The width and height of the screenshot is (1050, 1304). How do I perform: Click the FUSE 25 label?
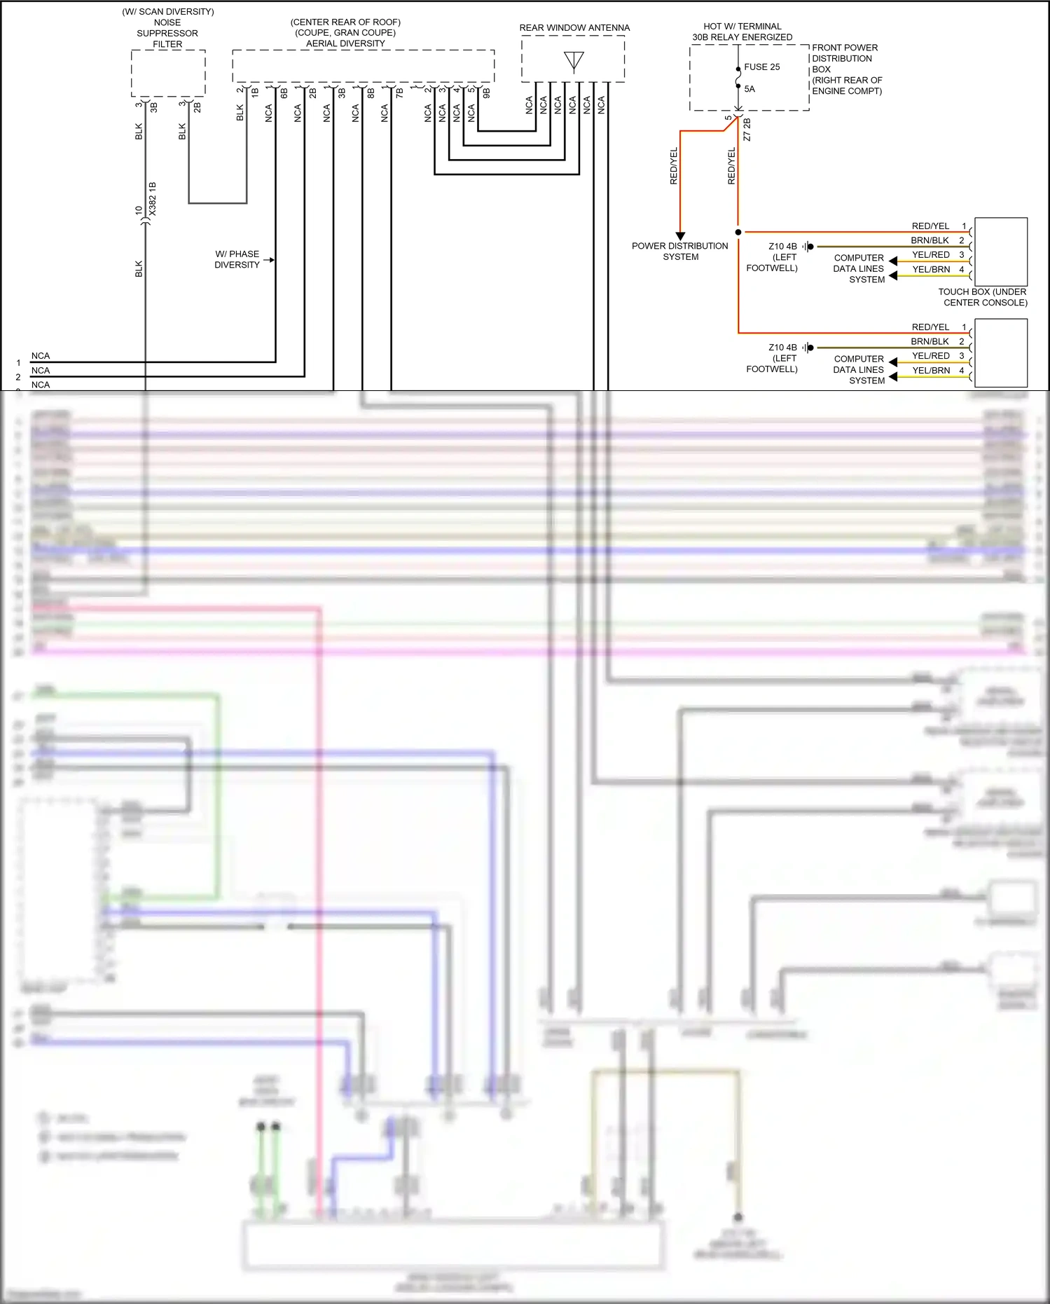pyautogui.click(x=761, y=67)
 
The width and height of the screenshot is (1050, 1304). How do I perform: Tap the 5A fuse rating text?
pyautogui.click(x=749, y=89)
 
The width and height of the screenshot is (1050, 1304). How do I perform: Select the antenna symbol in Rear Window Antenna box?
pyautogui.click(x=574, y=61)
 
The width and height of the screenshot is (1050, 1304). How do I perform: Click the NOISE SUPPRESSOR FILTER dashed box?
pyautogui.click(x=168, y=73)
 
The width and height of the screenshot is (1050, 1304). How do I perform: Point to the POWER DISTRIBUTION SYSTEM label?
pyautogui.click(x=680, y=252)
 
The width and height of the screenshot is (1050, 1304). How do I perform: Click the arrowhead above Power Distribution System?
pyautogui.click(x=680, y=236)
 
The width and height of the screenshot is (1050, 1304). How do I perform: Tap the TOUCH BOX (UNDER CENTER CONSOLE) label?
pyautogui.click(x=983, y=297)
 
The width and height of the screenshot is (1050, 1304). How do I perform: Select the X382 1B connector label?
pyautogui.click(x=153, y=198)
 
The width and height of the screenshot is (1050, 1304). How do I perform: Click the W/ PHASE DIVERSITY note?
pyautogui.click(x=237, y=259)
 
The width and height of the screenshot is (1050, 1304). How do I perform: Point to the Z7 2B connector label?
pyautogui.click(x=747, y=130)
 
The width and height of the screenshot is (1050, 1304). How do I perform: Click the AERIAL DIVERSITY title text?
pyautogui.click(x=345, y=43)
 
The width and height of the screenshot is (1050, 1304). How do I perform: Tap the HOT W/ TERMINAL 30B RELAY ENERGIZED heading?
pyautogui.click(x=742, y=32)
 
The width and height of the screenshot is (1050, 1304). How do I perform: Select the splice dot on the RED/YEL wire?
pyautogui.click(x=738, y=232)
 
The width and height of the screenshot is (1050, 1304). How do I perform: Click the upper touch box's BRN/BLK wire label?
pyautogui.click(x=930, y=240)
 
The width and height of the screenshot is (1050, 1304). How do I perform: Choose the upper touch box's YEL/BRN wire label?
pyautogui.click(x=931, y=269)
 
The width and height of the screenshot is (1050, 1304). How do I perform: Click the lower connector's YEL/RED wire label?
pyautogui.click(x=931, y=356)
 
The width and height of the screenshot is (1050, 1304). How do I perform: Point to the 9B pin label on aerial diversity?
pyautogui.click(x=486, y=92)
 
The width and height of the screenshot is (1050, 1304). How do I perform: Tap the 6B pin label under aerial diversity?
pyautogui.click(x=284, y=92)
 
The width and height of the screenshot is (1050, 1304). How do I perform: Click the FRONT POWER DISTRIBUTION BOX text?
pyautogui.click(x=846, y=69)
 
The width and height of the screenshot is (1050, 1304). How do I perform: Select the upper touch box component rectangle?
pyautogui.click(x=1001, y=252)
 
